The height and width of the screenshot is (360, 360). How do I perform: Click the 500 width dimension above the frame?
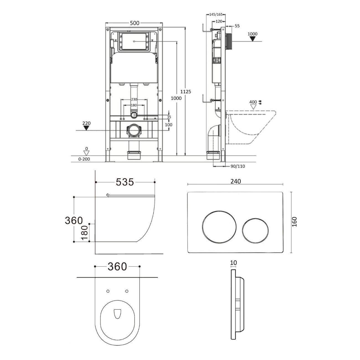(135, 23)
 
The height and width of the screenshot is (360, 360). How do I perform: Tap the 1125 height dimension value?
(186, 92)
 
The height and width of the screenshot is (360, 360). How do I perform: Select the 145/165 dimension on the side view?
(216, 14)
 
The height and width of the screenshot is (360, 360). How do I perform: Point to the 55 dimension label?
(237, 26)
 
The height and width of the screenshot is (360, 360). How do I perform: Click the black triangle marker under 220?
(86, 128)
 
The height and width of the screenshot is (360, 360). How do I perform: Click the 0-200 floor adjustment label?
(84, 159)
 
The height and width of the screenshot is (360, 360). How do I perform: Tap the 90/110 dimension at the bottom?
(238, 166)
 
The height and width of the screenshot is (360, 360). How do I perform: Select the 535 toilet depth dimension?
(125, 182)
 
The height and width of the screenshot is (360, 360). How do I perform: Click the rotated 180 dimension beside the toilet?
(85, 233)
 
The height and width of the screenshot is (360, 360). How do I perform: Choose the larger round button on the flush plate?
(219, 227)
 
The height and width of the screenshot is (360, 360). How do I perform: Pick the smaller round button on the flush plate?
(255, 230)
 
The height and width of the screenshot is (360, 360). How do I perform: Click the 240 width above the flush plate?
(236, 181)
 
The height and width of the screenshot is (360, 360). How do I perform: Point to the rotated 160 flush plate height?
(294, 222)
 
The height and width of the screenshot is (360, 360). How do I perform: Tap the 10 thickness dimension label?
(233, 263)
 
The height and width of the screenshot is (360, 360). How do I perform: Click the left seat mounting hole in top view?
(108, 291)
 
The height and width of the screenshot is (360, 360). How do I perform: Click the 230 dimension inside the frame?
(134, 99)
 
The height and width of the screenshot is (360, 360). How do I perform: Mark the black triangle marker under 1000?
(253, 39)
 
